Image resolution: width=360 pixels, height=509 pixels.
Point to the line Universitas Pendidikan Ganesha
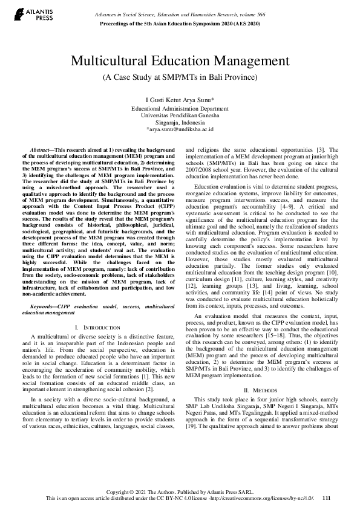(180, 115)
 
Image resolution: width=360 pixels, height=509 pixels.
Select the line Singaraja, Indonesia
(180, 122)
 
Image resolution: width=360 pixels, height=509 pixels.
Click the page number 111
(327, 498)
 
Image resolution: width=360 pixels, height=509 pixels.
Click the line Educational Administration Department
(180, 108)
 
